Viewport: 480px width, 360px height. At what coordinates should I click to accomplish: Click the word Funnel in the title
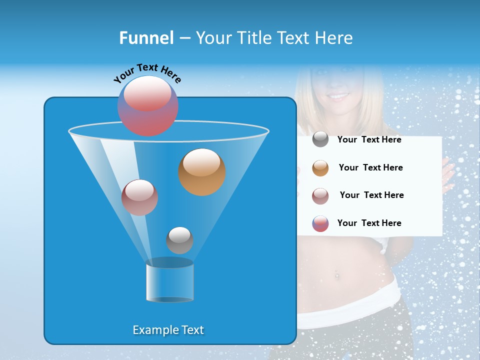click(x=146, y=38)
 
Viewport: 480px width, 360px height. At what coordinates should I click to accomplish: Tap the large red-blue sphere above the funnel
click(x=148, y=105)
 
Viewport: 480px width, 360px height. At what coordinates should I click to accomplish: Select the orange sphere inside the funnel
click(x=202, y=171)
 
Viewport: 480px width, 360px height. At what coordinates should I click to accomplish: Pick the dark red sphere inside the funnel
click(x=139, y=197)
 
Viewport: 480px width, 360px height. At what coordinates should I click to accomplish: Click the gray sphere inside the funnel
click(x=179, y=240)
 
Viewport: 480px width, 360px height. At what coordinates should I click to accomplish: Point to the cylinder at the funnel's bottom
click(x=170, y=283)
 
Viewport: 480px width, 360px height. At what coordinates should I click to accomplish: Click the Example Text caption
click(x=168, y=330)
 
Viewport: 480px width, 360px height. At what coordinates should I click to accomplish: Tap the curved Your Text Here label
click(x=147, y=72)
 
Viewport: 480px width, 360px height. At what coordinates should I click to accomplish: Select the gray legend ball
click(x=320, y=139)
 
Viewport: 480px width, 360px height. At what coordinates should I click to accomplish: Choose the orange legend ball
click(x=320, y=168)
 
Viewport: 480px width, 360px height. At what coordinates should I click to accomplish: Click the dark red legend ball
click(x=320, y=196)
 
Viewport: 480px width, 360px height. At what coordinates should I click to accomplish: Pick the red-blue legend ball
click(x=320, y=223)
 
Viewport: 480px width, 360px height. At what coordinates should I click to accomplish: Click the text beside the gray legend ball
click(x=369, y=140)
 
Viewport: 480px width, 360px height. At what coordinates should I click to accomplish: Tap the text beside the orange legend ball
click(x=370, y=167)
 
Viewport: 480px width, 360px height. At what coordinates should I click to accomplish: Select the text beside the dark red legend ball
click(x=371, y=195)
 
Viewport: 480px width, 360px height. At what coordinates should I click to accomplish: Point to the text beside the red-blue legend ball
click(x=369, y=223)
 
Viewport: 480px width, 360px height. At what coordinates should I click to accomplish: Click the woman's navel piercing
click(x=336, y=275)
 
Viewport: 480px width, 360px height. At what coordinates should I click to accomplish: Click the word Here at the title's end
click(x=334, y=38)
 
